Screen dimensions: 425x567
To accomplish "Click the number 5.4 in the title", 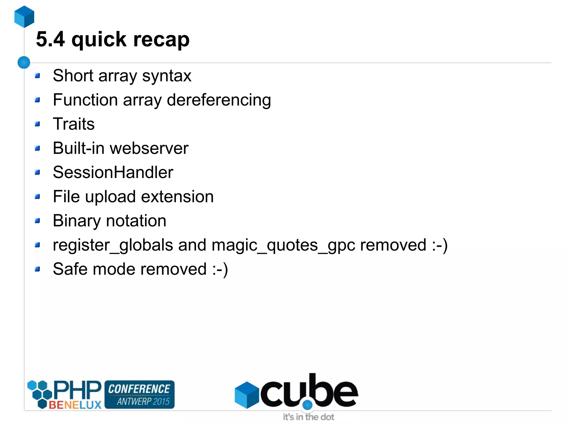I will point(50,39).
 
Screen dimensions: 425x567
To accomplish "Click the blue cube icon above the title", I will point(24,17).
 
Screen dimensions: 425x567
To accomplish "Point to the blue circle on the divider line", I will point(24,62).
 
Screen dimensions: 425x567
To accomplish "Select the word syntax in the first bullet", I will point(167,76).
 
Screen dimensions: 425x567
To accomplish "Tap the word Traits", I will point(74,124).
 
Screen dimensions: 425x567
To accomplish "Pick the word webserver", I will point(149,148).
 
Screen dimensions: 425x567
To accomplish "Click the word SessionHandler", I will point(113,172).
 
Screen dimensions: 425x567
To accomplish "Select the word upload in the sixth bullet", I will point(110,197).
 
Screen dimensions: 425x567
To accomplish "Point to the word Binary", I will point(77,221).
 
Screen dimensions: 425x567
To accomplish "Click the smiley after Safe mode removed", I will point(220,269).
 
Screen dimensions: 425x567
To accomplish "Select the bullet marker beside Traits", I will point(37,124).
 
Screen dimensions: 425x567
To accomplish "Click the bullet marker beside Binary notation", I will point(37,221).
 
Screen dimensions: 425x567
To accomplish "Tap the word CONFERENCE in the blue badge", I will point(139,389).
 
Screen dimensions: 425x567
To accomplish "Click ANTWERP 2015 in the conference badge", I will point(143,401).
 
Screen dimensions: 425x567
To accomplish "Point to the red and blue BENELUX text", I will point(75,405).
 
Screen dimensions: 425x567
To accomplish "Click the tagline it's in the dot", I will point(308,417).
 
